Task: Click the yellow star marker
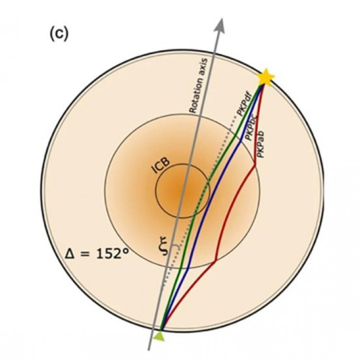click(266, 77)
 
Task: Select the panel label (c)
click(59, 34)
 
